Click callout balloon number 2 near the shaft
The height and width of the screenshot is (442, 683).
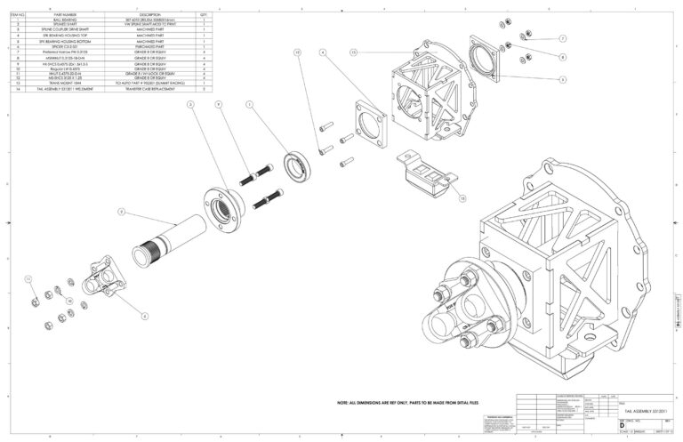tap(123, 212)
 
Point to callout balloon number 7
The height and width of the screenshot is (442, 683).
tap(563, 39)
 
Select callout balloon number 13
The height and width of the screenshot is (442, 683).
tap(353, 53)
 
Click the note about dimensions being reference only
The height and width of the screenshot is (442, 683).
tap(414, 402)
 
